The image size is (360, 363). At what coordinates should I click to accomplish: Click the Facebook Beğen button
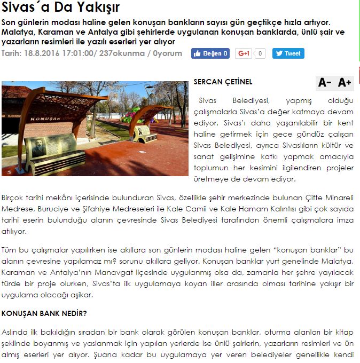point(210,53)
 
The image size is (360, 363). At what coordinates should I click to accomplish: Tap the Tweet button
point(288,53)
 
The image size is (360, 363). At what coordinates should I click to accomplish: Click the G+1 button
point(244,53)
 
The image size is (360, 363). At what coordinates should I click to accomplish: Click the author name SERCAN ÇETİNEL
point(223,82)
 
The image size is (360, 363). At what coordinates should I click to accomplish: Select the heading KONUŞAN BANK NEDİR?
point(44,313)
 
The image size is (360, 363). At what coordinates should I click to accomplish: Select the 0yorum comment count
point(167,53)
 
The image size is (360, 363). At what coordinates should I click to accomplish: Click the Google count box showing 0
point(260,53)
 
